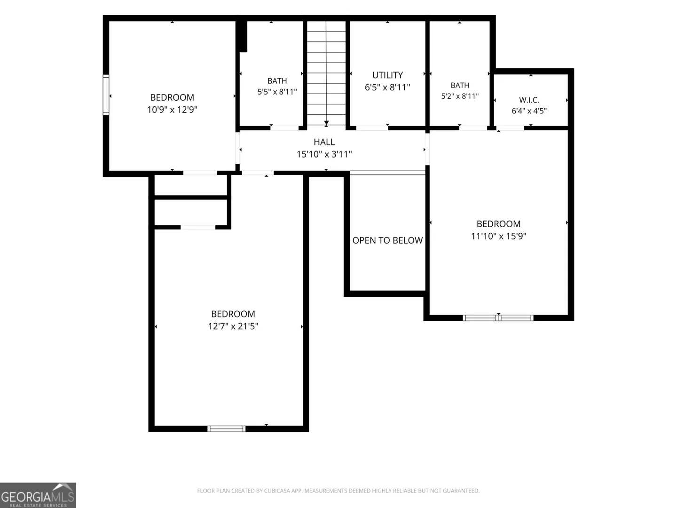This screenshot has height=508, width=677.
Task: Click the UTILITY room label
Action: click(x=387, y=75)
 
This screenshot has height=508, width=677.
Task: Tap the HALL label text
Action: click(x=324, y=142)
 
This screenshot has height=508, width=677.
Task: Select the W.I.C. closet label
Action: click(x=529, y=100)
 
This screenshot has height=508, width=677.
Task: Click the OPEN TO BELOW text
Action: click(x=387, y=240)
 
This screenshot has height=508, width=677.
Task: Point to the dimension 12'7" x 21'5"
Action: click(x=233, y=326)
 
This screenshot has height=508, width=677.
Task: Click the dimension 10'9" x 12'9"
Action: click(x=172, y=110)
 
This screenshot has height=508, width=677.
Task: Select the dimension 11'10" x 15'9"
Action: click(x=498, y=236)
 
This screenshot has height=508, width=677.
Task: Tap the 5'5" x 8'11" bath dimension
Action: click(x=277, y=92)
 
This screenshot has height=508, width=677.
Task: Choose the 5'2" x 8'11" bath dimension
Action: click(x=460, y=96)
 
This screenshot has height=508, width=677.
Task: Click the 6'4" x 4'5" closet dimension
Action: click(x=529, y=111)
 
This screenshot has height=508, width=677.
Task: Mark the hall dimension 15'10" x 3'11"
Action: click(x=324, y=154)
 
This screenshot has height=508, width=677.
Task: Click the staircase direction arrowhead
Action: click(x=326, y=124)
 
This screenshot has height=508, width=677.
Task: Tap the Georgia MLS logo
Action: click(x=38, y=495)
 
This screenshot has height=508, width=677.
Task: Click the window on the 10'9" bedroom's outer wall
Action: click(x=106, y=95)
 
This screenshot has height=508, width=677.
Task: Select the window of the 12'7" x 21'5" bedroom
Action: click(x=227, y=429)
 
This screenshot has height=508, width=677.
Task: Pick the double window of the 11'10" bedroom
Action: click(x=498, y=318)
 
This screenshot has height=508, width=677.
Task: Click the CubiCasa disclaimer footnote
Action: click(x=338, y=491)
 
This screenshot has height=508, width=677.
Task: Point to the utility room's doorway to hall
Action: click(x=372, y=128)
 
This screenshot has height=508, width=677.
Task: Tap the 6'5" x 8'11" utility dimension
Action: click(x=387, y=87)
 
